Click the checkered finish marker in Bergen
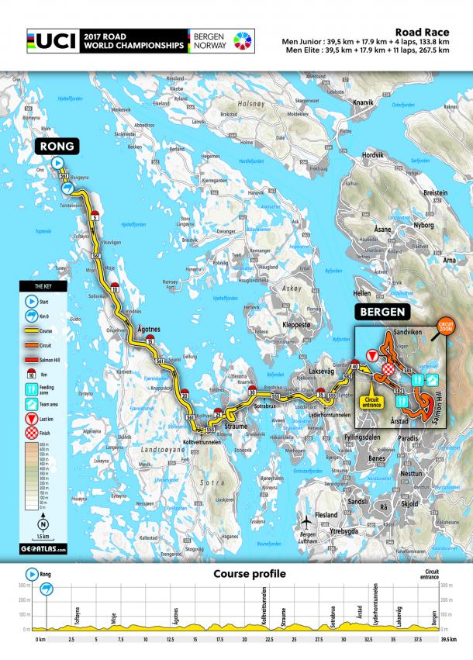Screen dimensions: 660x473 380,377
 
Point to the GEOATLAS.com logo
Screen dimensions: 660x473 43,549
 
